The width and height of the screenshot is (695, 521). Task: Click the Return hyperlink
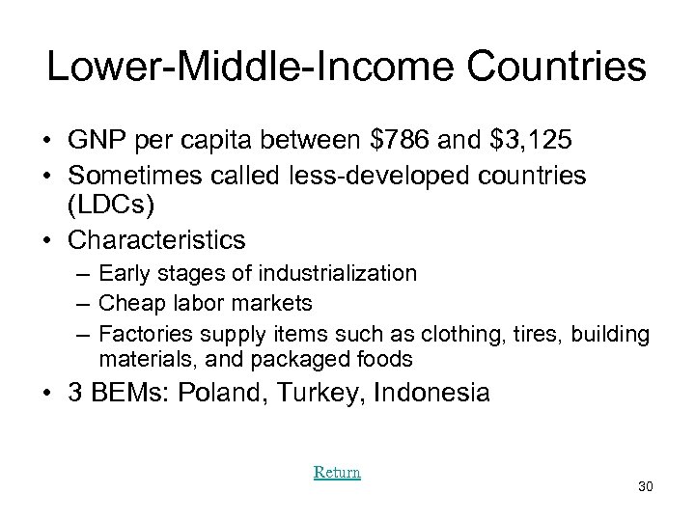point(337,472)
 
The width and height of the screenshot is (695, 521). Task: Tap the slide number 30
point(646,487)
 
